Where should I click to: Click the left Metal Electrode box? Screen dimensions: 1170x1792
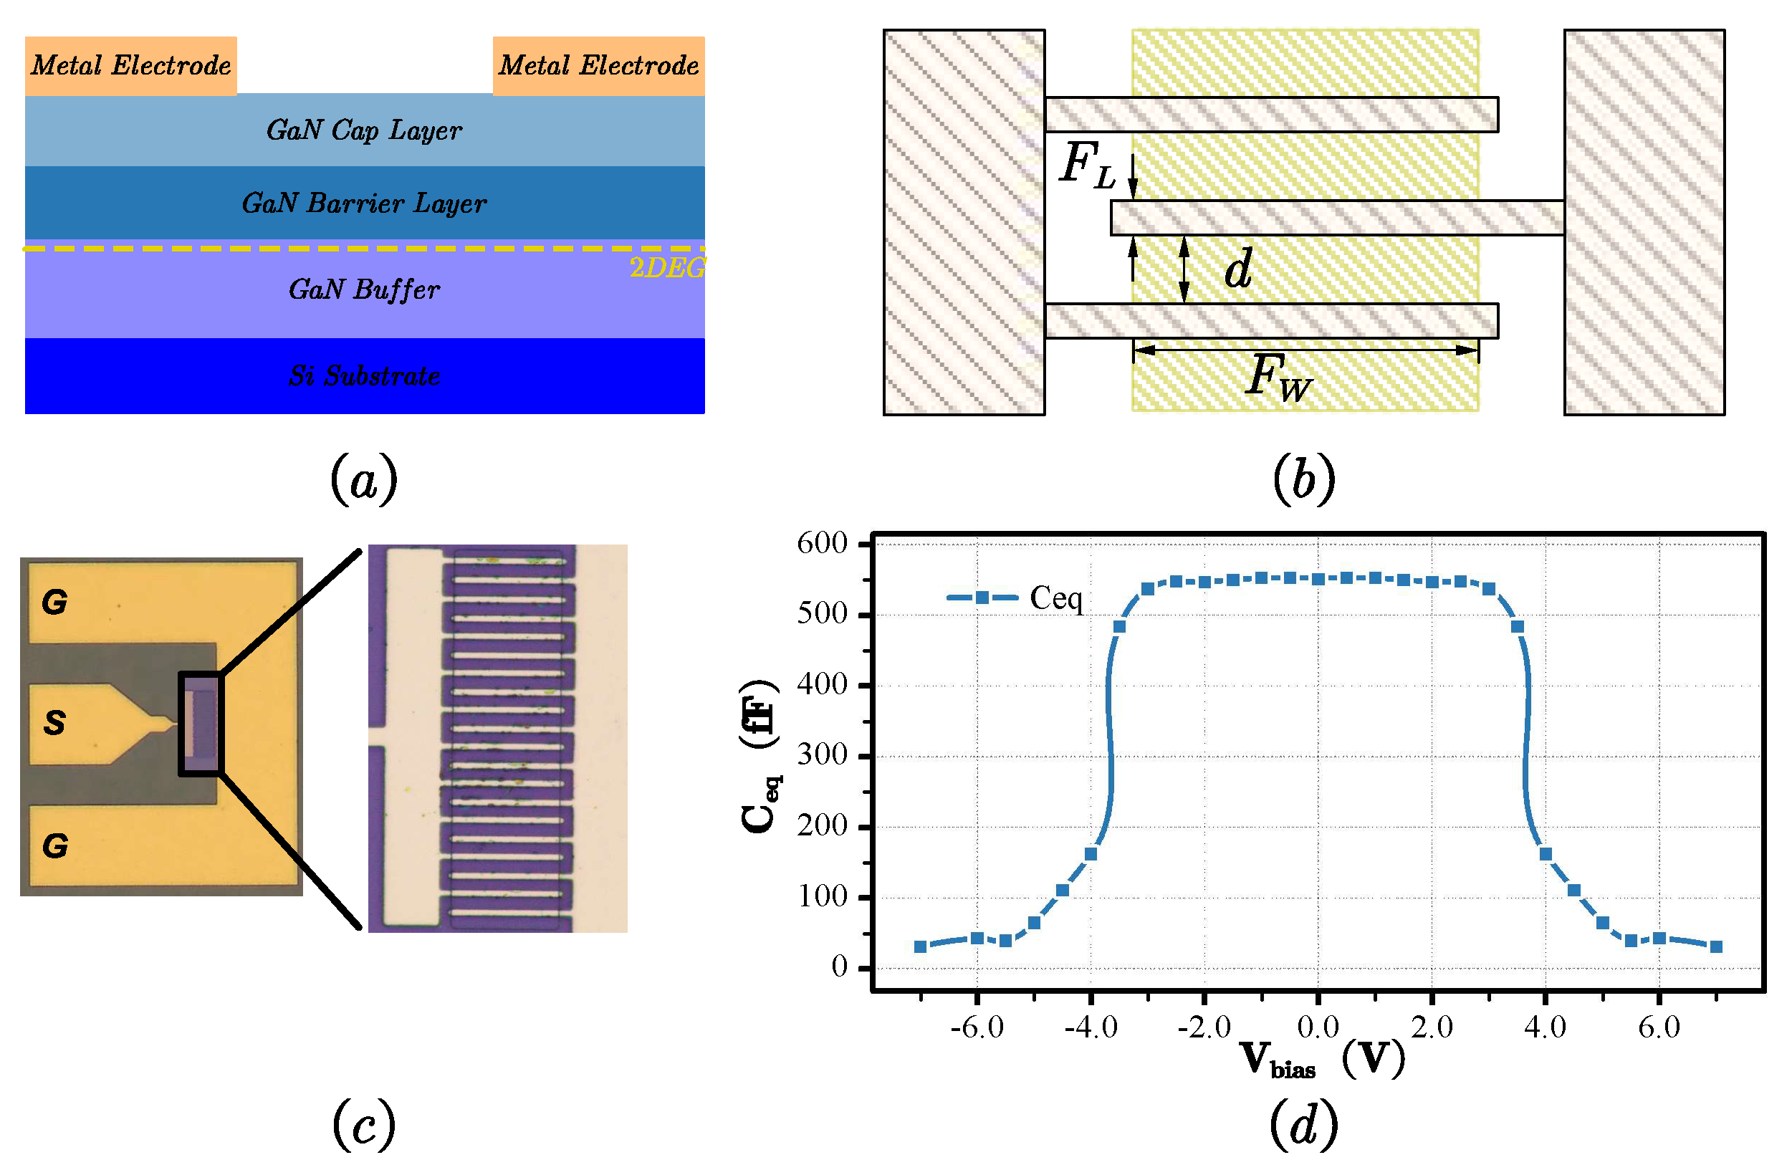pos(131,65)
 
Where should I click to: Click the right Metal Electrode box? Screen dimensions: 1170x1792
pos(598,65)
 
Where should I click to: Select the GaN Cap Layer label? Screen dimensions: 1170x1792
pos(365,130)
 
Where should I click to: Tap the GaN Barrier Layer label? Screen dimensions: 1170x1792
pos(365,203)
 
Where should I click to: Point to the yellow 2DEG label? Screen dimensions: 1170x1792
pos(666,267)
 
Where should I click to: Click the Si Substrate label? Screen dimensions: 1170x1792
pos(365,375)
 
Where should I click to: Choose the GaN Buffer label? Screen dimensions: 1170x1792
pos(365,290)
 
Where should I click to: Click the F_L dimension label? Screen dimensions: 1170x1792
pos(1086,166)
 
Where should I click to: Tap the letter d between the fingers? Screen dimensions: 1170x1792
pos(1238,269)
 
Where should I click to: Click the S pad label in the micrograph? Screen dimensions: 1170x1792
pos(54,723)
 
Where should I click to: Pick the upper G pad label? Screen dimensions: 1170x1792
pos(54,603)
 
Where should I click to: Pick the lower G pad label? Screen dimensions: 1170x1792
pos(54,846)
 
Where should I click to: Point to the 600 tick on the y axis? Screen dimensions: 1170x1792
pos(823,544)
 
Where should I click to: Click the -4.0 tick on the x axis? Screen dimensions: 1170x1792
pos(1091,1027)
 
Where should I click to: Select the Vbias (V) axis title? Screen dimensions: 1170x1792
pos(1321,1060)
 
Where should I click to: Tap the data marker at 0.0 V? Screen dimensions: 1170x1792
pos(1318,579)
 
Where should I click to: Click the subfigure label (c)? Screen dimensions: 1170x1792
pos(364,1124)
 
